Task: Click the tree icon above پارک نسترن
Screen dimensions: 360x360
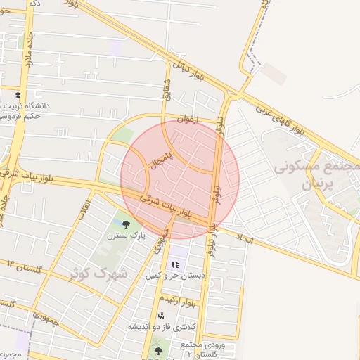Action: (126, 225)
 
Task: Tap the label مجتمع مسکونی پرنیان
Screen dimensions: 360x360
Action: (316, 176)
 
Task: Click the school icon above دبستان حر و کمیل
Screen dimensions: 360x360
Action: (176, 264)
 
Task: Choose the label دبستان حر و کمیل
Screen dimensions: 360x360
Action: (174, 276)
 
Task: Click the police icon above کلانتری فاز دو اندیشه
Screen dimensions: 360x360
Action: (161, 316)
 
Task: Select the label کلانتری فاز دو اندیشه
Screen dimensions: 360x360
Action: (162, 327)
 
